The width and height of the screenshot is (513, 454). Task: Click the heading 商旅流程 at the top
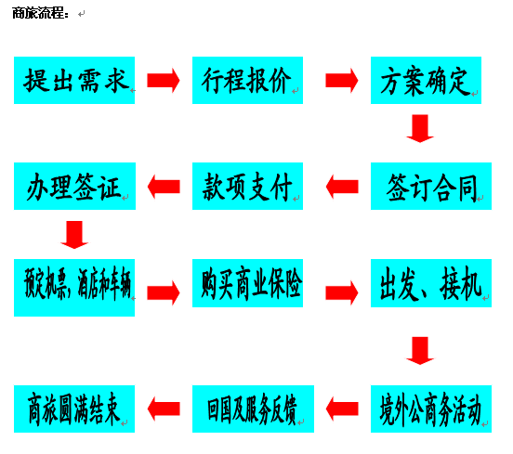point(40,13)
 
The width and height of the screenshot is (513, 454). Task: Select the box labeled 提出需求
point(74,81)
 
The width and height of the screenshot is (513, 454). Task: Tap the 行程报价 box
point(247,81)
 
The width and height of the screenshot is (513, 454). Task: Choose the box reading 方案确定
point(426,81)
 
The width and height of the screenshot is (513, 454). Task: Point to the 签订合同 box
point(431,186)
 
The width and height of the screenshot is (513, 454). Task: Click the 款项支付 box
point(247,186)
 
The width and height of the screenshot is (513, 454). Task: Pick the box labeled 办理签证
point(74,186)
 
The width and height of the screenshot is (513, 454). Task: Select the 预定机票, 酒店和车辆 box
point(74,288)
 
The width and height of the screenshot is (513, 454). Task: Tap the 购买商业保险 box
point(247,283)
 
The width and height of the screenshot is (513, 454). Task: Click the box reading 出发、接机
point(431,283)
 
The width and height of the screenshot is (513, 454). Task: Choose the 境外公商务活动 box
point(431,409)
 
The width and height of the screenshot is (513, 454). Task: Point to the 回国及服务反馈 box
point(253,409)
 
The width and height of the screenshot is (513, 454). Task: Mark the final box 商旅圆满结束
point(74,409)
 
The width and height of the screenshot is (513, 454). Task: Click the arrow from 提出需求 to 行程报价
point(164,81)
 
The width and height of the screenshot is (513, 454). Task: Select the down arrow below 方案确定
point(420,128)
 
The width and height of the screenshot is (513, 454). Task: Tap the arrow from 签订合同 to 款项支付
point(342,187)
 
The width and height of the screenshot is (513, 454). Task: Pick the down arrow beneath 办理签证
point(74,235)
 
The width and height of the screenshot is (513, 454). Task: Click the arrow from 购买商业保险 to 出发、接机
point(342,292)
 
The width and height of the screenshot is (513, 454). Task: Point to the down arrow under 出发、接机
point(420,351)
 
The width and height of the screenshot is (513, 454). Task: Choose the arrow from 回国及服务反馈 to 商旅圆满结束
point(164,409)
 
